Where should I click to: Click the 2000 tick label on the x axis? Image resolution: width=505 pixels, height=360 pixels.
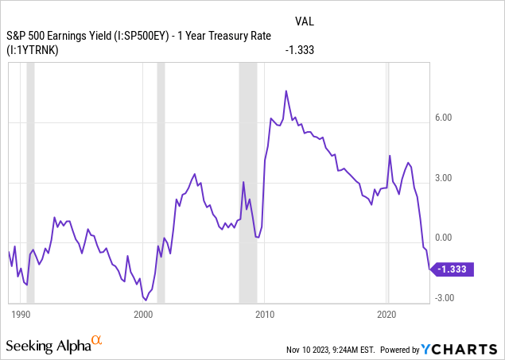pyautogui.click(x=143, y=314)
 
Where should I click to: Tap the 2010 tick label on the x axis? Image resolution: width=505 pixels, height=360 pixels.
pyautogui.click(x=265, y=314)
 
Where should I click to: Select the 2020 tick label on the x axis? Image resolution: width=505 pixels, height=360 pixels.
pyautogui.click(x=387, y=314)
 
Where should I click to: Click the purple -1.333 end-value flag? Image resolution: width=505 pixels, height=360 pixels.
pyautogui.click(x=453, y=269)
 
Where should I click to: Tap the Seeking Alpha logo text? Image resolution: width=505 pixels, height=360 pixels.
pyautogui.click(x=48, y=345)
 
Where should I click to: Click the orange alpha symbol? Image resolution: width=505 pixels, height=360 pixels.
pyautogui.click(x=96, y=341)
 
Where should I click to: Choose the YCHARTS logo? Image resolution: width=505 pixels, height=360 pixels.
pyautogui.click(x=465, y=349)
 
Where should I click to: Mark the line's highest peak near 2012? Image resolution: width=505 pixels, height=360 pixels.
pyautogui.click(x=286, y=91)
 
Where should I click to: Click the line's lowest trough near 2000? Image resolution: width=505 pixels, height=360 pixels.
pyautogui.click(x=146, y=300)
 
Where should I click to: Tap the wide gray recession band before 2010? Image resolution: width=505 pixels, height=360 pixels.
pyautogui.click(x=248, y=183)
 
